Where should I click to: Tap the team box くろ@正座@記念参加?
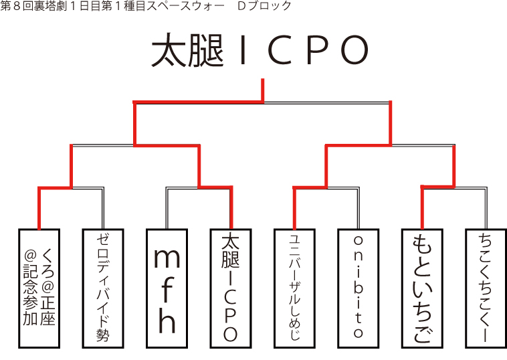(x=39, y=288)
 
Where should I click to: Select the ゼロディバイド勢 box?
(x=103, y=288)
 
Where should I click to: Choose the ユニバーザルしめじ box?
(x=295, y=288)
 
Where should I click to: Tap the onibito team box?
(x=359, y=288)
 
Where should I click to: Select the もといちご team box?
(x=422, y=288)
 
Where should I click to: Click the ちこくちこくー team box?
(x=486, y=288)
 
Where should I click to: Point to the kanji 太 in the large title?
(x=167, y=51)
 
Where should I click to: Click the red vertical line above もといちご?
(x=422, y=208)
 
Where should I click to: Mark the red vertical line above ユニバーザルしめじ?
(x=295, y=208)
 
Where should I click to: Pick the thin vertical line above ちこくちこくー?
(x=486, y=208)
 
